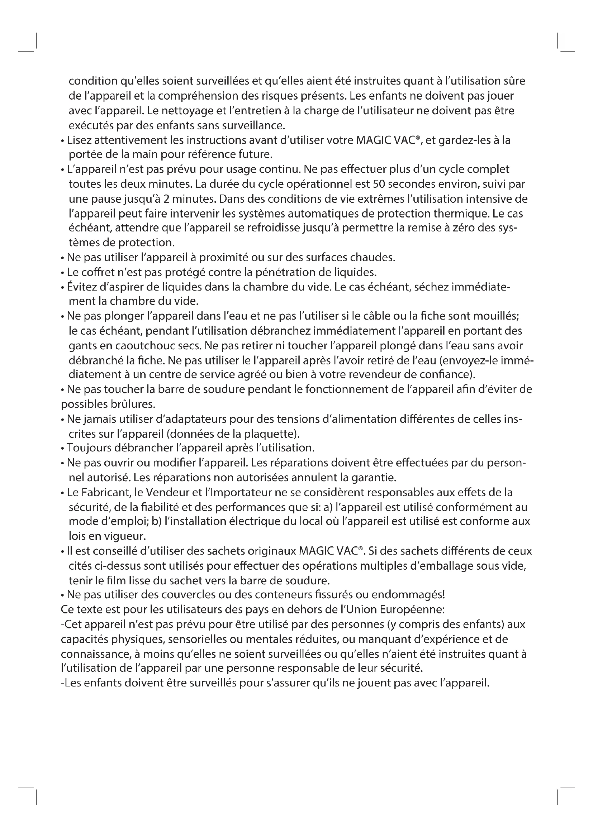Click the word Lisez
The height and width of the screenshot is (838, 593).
(x=79, y=140)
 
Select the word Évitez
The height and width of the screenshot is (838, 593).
(x=78, y=287)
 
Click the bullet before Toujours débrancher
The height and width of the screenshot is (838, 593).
(x=63, y=448)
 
